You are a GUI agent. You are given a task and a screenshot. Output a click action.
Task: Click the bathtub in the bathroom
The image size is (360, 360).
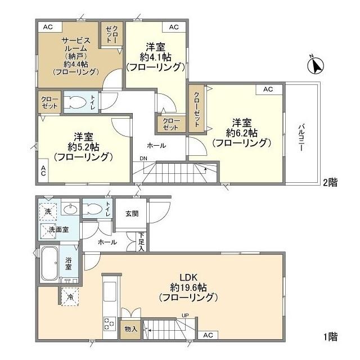(x=49, y=264)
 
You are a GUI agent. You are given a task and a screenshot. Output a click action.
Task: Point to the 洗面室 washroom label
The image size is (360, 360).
(x=58, y=230)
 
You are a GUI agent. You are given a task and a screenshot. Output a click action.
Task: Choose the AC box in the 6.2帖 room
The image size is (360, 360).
(x=268, y=89)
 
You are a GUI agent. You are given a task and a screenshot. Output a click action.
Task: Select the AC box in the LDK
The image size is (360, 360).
(x=208, y=335)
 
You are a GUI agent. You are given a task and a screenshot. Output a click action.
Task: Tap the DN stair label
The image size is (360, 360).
(x=143, y=158)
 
